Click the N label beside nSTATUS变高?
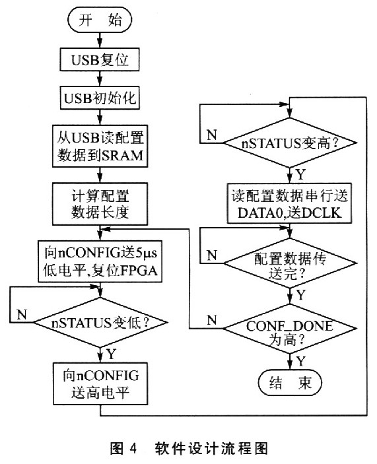(x=211, y=135)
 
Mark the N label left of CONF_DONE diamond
(x=212, y=319)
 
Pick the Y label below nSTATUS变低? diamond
(x=111, y=354)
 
